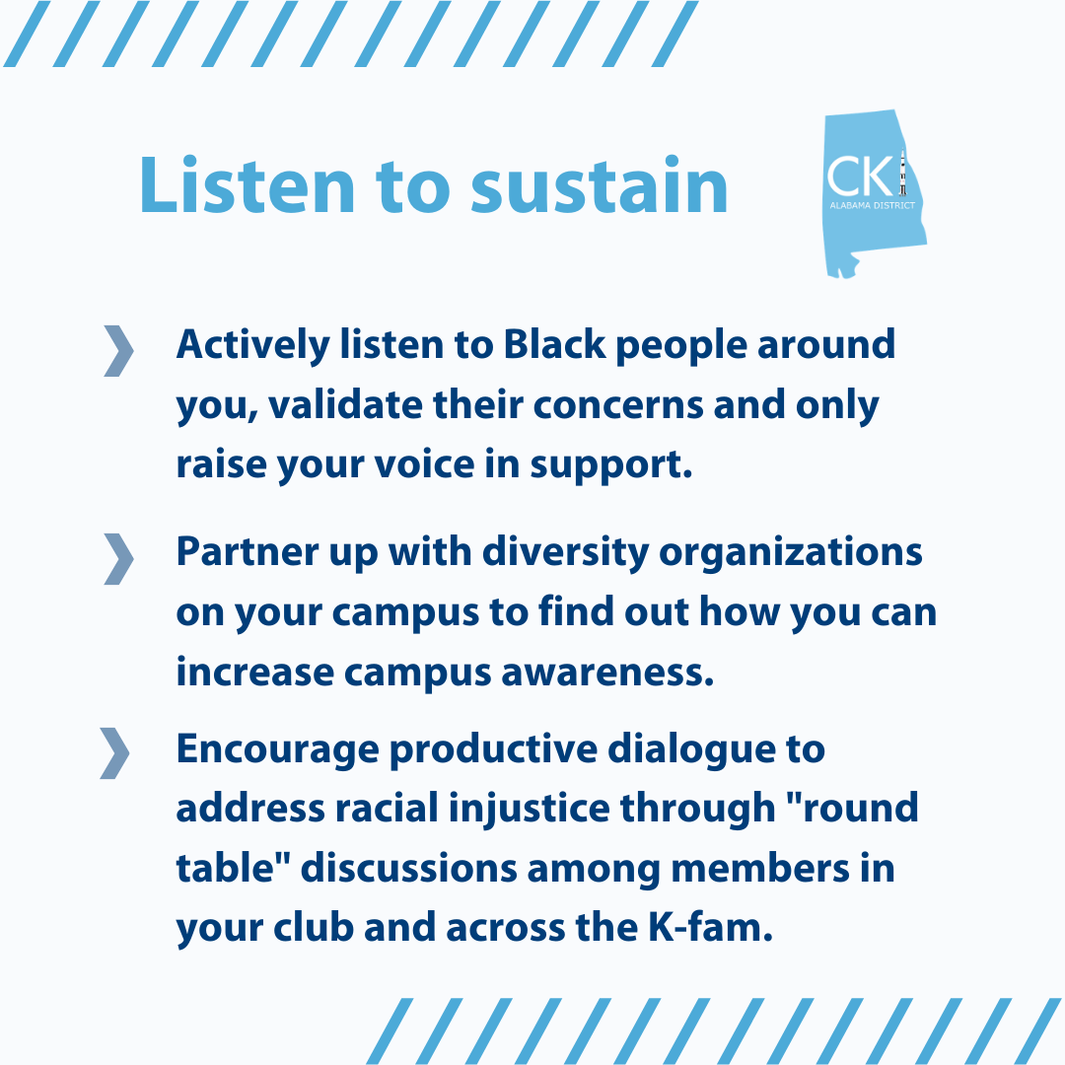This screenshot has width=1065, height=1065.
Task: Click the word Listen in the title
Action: pyautogui.click(x=247, y=185)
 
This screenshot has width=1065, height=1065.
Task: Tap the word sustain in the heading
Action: pyautogui.click(x=600, y=185)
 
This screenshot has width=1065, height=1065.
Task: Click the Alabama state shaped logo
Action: pyautogui.click(x=874, y=194)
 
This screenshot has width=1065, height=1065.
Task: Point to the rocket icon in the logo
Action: pyautogui.click(x=902, y=174)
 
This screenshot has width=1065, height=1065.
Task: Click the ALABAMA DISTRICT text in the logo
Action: pyautogui.click(x=872, y=205)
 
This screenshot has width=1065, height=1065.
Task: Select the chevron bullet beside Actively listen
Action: pyautogui.click(x=119, y=350)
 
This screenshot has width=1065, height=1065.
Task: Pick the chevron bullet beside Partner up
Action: pyautogui.click(x=119, y=558)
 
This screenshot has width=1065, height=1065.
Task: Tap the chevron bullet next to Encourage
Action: pyautogui.click(x=114, y=752)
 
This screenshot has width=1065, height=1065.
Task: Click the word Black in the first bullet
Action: pyautogui.click(x=554, y=344)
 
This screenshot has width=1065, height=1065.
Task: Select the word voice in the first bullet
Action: pyautogui.click(x=424, y=465)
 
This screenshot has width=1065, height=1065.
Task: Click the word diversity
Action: pyautogui.click(x=566, y=552)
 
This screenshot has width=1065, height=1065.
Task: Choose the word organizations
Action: pyautogui.click(x=791, y=553)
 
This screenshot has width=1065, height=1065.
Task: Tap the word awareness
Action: pyautogui.click(x=607, y=674)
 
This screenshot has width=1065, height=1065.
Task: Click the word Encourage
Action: pyautogui.click(x=278, y=750)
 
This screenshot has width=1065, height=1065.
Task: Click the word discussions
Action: pyautogui.click(x=409, y=869)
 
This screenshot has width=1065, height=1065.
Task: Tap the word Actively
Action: pyautogui.click(x=253, y=346)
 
